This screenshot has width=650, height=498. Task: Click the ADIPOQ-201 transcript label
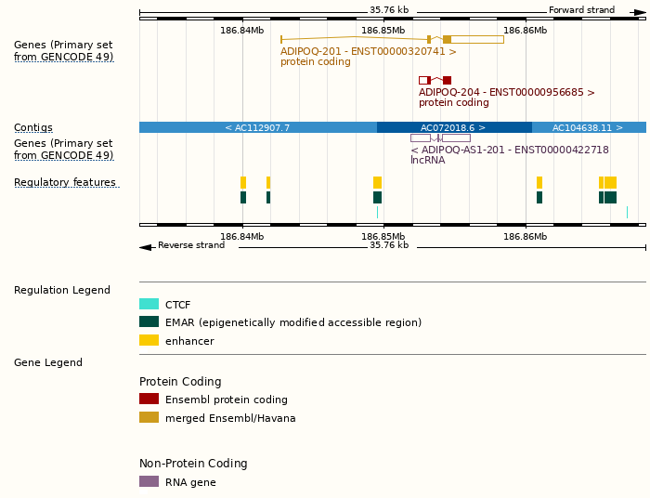tap(369, 52)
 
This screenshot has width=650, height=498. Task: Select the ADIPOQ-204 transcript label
tap(506, 93)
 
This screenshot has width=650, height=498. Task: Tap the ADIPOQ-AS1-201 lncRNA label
tap(509, 150)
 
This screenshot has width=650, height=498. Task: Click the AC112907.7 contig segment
tap(257, 127)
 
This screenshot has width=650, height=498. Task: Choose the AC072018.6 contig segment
tap(453, 127)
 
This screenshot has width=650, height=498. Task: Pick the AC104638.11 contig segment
tap(588, 127)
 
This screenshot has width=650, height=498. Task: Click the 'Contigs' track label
tap(33, 127)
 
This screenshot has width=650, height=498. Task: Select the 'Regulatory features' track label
tap(65, 183)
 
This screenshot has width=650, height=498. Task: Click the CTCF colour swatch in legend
tap(149, 304)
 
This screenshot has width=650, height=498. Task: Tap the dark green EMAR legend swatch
tap(149, 322)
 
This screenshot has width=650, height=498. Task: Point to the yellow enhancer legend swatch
tap(149, 341)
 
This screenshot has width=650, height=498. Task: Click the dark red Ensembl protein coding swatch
tap(149, 400)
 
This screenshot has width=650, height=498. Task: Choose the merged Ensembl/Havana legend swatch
tap(149, 418)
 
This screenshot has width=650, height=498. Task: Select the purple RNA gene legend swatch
tap(149, 482)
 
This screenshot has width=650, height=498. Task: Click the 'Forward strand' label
tap(581, 10)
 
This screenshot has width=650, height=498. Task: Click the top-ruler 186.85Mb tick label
tap(383, 31)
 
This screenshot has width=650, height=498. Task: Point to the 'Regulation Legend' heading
tap(62, 291)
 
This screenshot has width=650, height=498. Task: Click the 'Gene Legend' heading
tap(48, 363)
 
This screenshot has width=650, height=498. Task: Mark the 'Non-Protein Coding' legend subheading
tap(193, 464)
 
